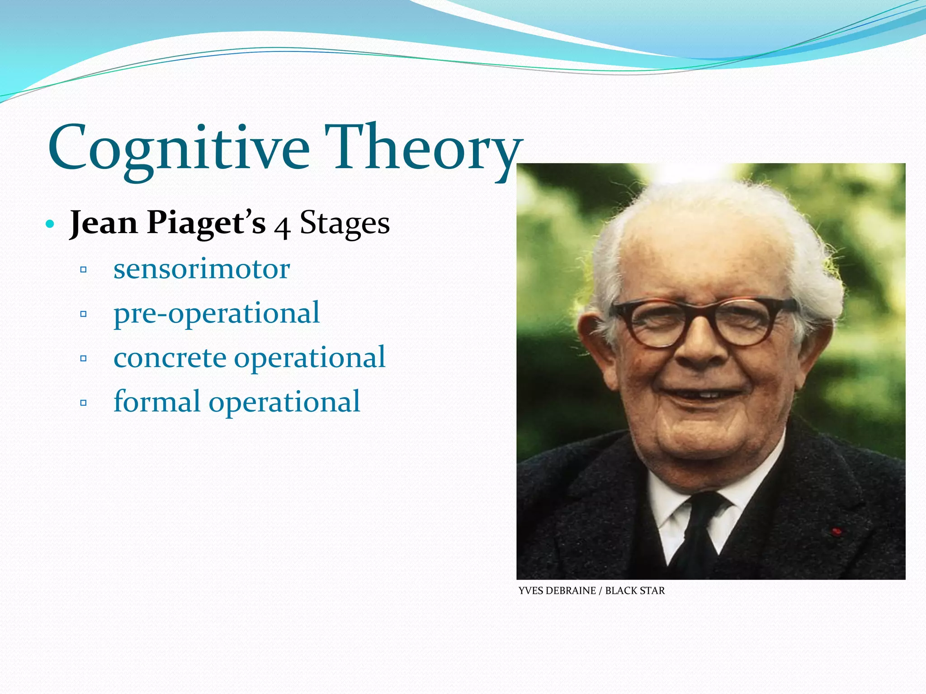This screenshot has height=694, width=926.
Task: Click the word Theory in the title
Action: pos(423,149)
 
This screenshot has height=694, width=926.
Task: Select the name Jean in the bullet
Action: pos(104,223)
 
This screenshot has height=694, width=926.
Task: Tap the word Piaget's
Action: pos(206,223)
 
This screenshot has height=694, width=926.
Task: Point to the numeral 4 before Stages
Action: pos(282,226)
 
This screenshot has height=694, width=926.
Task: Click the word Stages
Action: pos(345,223)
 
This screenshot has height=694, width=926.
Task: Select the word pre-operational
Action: pos(217,313)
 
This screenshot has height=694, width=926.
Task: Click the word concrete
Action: pos(170,357)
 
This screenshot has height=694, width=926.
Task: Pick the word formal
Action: pos(156,401)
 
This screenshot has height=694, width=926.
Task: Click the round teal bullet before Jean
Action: pos(50,224)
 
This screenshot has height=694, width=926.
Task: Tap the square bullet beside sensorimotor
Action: pos(83,270)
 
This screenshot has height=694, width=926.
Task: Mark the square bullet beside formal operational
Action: pos(83,403)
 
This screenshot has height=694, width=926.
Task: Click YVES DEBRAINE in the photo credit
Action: pos(557,591)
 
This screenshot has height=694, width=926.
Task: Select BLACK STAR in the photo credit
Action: pos(635,591)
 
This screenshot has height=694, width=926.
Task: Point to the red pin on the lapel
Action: pos(836,531)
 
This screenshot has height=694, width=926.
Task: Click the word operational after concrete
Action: pos(310,357)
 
